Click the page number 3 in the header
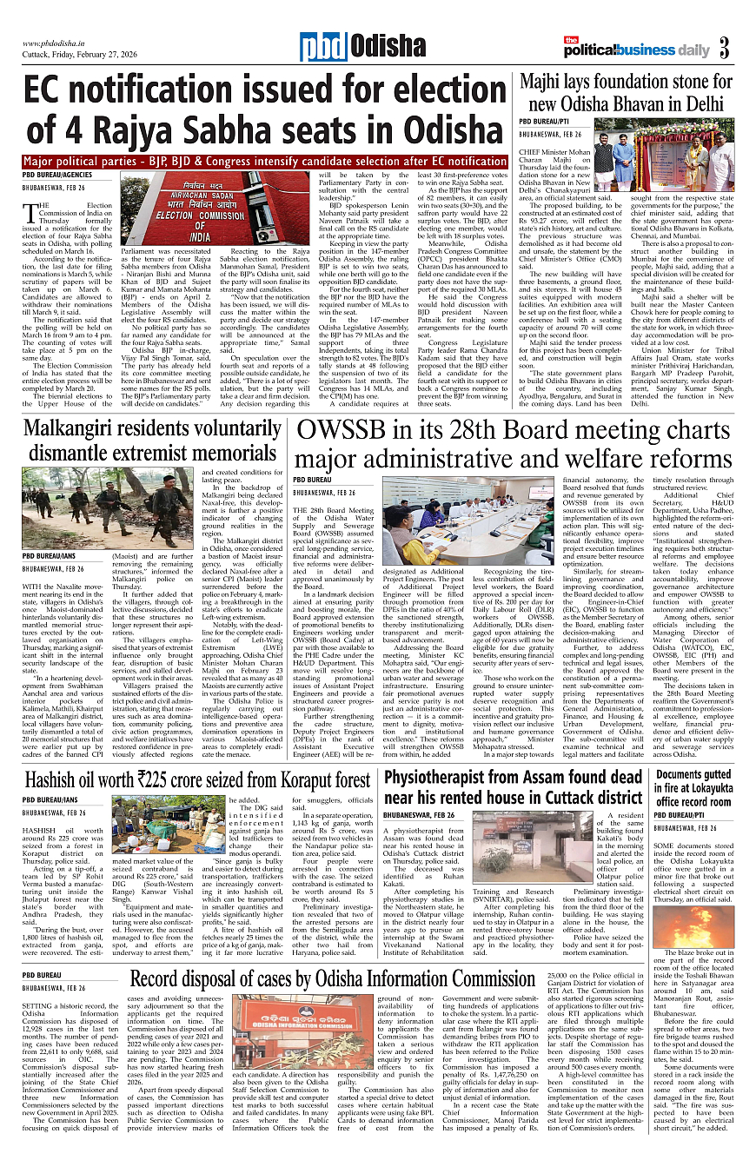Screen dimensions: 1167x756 click(x=724, y=46)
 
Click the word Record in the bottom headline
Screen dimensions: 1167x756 click(x=166, y=979)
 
